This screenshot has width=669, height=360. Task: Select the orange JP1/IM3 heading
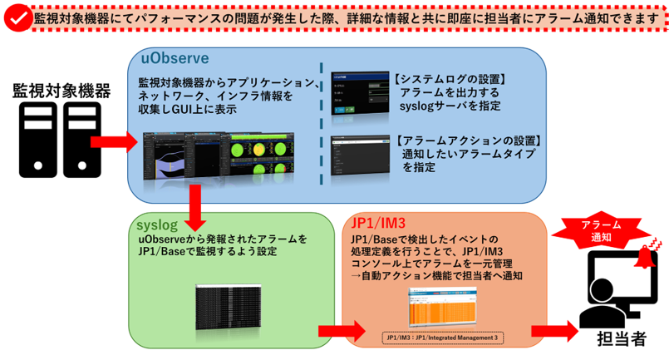click(380, 224)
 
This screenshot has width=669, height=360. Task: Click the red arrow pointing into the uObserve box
click(108, 144)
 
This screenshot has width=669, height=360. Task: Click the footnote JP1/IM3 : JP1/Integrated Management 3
click(450, 338)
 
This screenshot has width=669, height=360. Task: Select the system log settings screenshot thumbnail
click(359, 94)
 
